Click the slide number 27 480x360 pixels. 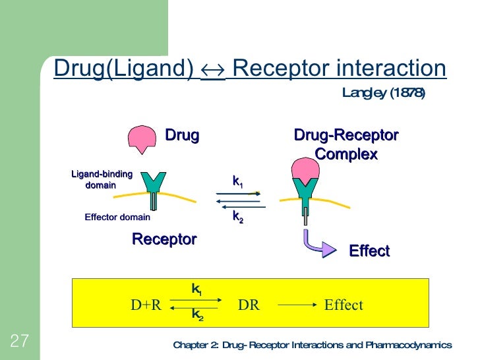tap(19, 341)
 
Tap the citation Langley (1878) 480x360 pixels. tap(383, 93)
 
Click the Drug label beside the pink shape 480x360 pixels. tap(182, 136)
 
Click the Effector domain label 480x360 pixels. tap(117, 217)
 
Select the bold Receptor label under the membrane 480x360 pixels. tap(164, 239)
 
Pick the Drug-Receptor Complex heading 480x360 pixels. tap(346, 145)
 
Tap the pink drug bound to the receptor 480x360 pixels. tap(305, 169)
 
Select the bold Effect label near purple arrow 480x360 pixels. tap(369, 251)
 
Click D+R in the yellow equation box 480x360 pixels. tap(146, 305)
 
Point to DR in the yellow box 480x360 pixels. tap(248, 305)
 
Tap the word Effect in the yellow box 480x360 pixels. tap(344, 305)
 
